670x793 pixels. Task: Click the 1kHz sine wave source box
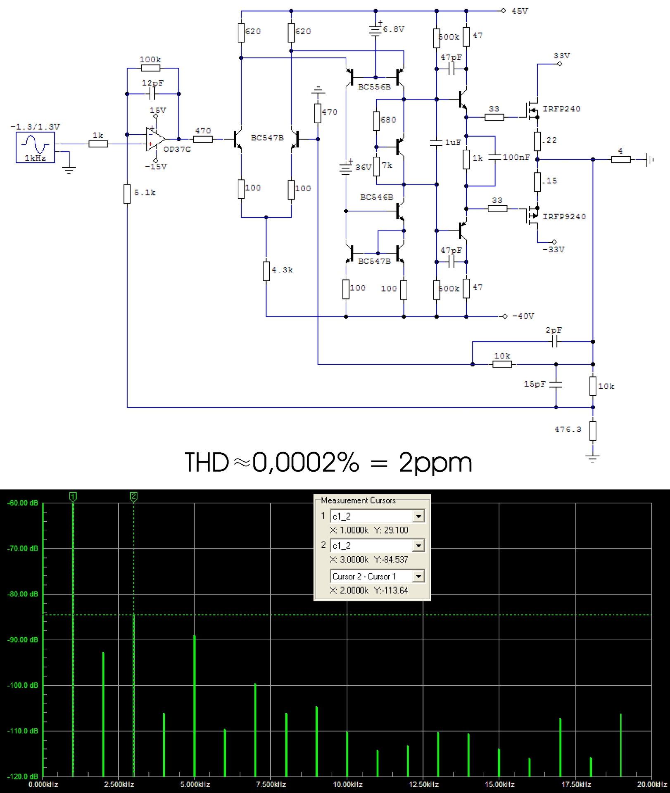tap(35, 147)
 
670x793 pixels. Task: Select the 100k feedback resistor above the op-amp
tap(150, 68)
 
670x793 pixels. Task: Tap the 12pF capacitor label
tap(153, 83)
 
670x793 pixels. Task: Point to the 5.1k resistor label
tap(145, 192)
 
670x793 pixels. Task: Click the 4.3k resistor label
tap(283, 270)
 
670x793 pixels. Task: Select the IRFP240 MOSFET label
tap(561, 109)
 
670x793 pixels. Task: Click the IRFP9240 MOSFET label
tap(564, 216)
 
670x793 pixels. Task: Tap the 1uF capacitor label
tap(453, 142)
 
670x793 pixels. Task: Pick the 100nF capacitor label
tap(516, 157)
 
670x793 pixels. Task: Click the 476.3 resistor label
tap(568, 430)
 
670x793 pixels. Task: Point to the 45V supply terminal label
tap(520, 11)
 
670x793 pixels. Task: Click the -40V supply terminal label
tap(523, 316)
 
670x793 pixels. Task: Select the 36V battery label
tap(364, 167)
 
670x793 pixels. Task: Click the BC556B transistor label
tap(374, 87)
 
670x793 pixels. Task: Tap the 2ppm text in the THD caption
tap(435, 463)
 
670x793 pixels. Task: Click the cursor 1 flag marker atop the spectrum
tap(73, 496)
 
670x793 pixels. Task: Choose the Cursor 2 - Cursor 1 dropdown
tap(377, 576)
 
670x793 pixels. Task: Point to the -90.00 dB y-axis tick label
tap(23, 640)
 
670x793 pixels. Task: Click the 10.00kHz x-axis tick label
tap(348, 784)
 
